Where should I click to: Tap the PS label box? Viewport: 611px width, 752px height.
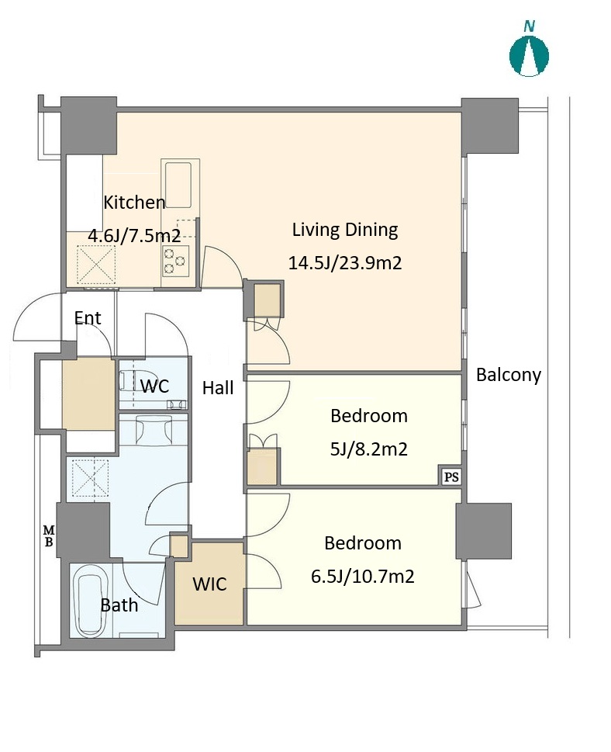click(x=451, y=476)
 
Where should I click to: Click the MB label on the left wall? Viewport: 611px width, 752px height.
click(x=49, y=536)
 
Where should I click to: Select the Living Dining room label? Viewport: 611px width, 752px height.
click(x=345, y=230)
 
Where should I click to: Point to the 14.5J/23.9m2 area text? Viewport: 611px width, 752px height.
click(x=345, y=263)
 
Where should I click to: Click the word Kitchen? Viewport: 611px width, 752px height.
click(x=135, y=203)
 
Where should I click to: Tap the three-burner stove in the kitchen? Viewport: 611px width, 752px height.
click(x=174, y=261)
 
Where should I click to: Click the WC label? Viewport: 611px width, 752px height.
click(x=155, y=386)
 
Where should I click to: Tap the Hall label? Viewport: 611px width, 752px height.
click(x=218, y=387)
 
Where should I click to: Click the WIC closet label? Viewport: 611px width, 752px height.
click(x=209, y=584)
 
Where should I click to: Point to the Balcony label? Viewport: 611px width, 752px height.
click(x=509, y=375)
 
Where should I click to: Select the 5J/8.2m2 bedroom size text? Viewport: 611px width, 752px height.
click(x=369, y=449)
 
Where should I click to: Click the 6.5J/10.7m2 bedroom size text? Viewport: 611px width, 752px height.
click(x=363, y=576)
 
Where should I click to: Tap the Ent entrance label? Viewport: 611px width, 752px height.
click(x=88, y=318)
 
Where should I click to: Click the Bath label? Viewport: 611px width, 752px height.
click(x=119, y=605)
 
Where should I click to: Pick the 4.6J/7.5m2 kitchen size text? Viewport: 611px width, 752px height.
click(x=134, y=235)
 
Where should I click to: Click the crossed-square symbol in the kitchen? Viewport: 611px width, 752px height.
click(x=97, y=265)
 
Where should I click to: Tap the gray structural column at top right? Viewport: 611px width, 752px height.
click(x=490, y=126)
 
